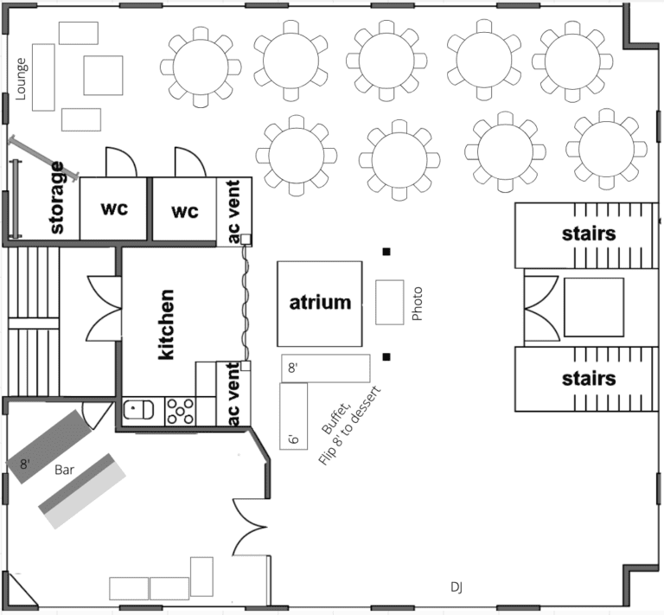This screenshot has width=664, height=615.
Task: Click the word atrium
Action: coord(320,303)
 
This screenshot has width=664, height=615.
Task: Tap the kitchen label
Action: coord(167,324)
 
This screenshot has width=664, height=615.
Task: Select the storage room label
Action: coord(58,198)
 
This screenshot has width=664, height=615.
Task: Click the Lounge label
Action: coord(22,79)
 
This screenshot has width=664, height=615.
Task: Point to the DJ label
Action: coord(456,587)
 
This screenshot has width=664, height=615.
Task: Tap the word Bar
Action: coord(65,471)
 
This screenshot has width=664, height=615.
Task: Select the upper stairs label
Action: coord(588,234)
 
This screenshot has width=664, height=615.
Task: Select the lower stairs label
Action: coord(588,378)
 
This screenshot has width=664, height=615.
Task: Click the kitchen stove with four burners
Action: coord(180,409)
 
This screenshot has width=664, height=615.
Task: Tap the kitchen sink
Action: coord(137,409)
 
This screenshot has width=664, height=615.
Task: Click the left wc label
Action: coord(114,210)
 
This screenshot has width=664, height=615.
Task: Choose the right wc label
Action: coord(184,210)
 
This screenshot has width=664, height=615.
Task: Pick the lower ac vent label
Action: coord(233,394)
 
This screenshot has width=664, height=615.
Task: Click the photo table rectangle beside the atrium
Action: coord(390,302)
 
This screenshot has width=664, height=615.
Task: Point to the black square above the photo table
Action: coord(387,252)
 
